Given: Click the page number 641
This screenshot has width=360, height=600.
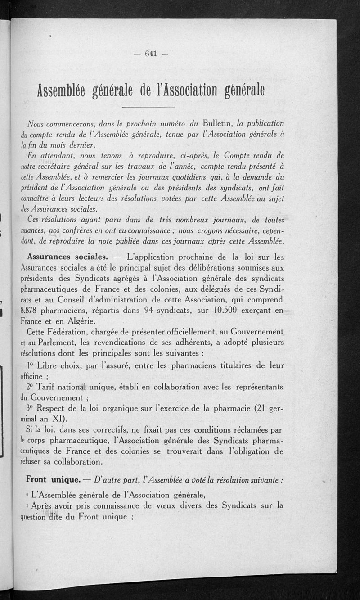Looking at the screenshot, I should point(150,54).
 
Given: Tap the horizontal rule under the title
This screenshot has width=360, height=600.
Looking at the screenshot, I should point(148,107).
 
